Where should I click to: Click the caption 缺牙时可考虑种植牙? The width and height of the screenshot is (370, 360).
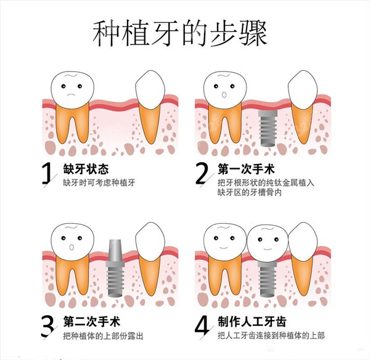coord(99,183)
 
